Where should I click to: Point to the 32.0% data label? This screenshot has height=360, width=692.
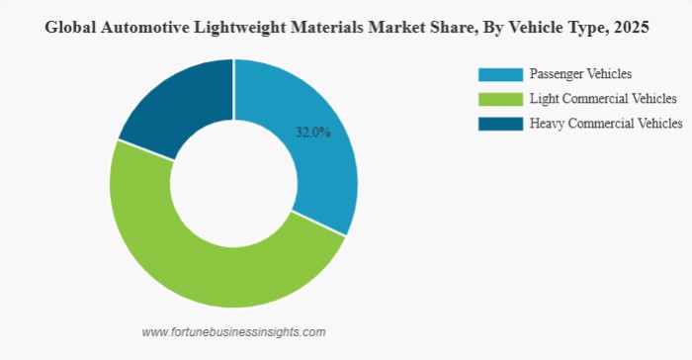[313, 133]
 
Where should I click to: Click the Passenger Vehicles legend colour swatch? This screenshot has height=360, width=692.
[499, 74]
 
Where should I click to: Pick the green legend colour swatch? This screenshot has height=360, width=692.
[499, 99]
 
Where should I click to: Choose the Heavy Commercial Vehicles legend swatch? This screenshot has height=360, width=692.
[499, 124]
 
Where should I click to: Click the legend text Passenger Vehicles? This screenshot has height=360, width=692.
[580, 74]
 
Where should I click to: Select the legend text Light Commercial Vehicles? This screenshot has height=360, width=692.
[603, 99]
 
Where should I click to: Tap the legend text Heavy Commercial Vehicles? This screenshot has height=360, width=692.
[606, 124]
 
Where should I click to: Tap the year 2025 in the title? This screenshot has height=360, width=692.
[629, 28]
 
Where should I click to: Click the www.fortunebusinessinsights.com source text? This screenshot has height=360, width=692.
[233, 332]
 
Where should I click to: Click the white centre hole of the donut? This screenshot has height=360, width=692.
[233, 183]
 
